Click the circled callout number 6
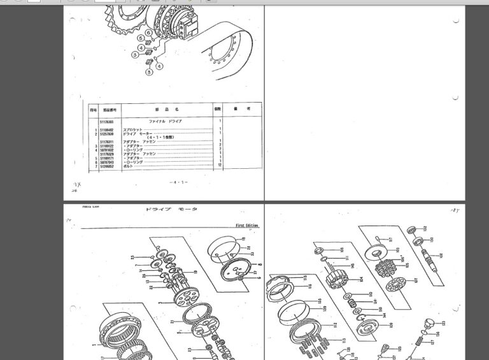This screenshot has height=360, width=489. click(x=148, y=32)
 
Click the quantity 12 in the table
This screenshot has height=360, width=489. click(x=219, y=166)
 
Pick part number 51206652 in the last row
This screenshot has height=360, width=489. click(x=106, y=166)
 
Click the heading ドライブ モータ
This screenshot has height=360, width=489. click(x=171, y=210)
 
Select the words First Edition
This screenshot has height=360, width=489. click(x=249, y=225)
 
